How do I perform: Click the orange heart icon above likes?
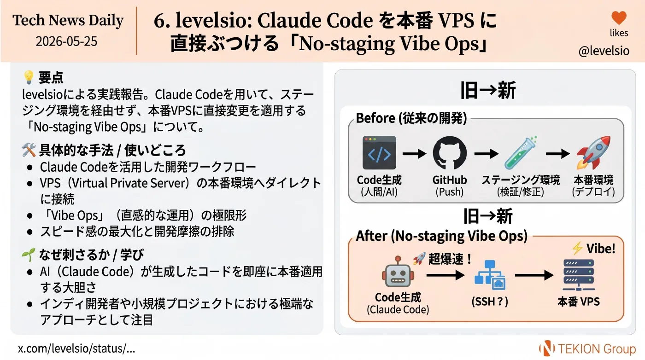tap(619, 18)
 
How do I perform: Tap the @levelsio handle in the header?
tap(604, 51)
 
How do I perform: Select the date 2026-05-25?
tap(66, 41)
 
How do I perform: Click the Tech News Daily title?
tap(68, 20)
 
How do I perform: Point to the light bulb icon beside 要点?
tap(29, 77)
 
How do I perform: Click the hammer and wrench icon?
tap(29, 150)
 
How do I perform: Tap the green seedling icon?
tap(29, 255)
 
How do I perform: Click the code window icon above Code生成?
tap(379, 153)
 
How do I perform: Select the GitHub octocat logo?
tap(450, 153)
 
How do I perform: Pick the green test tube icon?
tap(521, 153)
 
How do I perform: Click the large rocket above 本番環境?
tap(593, 153)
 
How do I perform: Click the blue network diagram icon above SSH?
tap(490, 275)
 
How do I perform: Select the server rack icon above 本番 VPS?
tap(579, 275)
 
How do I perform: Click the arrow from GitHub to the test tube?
tap(486, 154)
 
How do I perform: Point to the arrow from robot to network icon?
tap(446, 275)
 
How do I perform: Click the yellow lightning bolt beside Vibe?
tap(577, 248)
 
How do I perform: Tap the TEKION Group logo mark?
tap(547, 348)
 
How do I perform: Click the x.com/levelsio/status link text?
tap(76, 348)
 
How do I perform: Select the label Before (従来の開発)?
tap(411, 118)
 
